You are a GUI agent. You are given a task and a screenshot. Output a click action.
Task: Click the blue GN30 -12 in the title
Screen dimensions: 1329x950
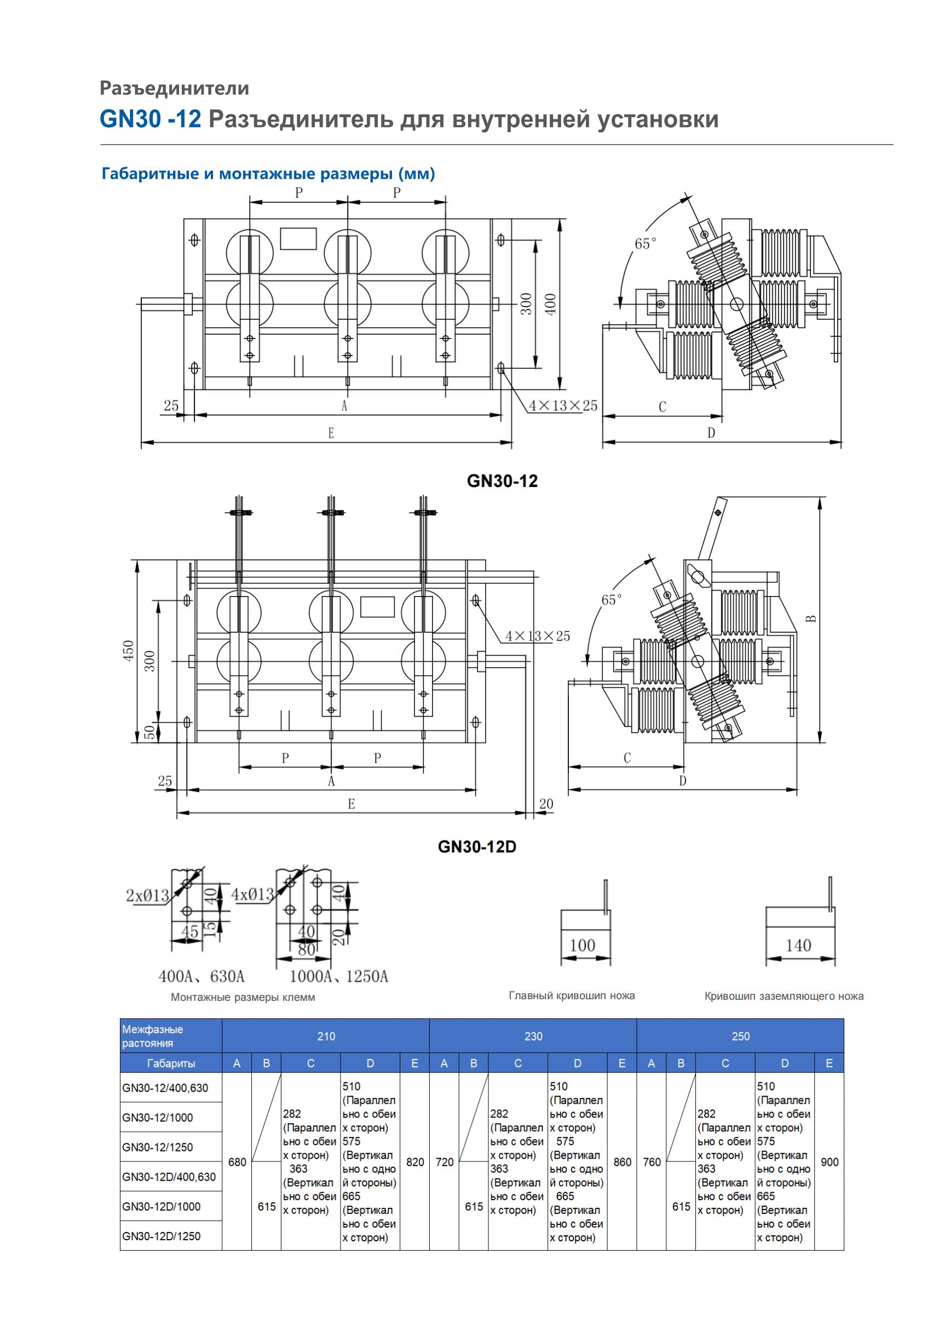(x=151, y=119)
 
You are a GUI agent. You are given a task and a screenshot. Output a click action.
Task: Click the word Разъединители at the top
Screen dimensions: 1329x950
(x=174, y=88)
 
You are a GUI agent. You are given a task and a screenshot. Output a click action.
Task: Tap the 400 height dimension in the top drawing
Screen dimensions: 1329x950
(x=550, y=304)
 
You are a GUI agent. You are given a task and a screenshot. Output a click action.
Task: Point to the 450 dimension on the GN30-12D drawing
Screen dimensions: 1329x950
(x=129, y=651)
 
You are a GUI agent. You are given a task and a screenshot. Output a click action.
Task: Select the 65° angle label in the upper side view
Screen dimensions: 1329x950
(x=645, y=243)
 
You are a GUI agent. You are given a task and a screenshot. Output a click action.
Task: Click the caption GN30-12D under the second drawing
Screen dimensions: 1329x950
(x=477, y=847)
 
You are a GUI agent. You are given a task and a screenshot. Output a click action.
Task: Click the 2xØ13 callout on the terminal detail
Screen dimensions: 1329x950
(x=147, y=895)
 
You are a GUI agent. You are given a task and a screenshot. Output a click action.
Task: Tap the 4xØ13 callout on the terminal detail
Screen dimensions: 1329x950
(x=252, y=893)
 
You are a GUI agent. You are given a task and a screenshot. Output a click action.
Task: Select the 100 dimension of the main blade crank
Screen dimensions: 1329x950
(x=582, y=945)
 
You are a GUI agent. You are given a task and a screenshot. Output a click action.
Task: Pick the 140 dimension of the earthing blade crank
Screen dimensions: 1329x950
(x=798, y=945)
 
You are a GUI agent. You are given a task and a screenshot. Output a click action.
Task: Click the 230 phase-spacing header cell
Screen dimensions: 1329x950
(x=533, y=1036)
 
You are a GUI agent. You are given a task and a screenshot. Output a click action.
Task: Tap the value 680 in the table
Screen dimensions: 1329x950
(x=237, y=1162)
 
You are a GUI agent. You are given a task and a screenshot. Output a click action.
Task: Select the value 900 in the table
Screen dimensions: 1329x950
(x=830, y=1162)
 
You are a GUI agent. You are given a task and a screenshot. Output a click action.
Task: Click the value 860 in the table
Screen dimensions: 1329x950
(x=623, y=1162)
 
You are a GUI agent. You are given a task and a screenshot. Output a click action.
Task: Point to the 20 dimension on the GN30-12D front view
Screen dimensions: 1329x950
(x=546, y=804)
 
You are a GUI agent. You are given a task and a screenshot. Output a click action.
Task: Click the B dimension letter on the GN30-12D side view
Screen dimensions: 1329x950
(x=812, y=618)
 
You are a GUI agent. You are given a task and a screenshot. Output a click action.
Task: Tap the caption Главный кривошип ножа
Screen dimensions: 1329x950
(x=572, y=995)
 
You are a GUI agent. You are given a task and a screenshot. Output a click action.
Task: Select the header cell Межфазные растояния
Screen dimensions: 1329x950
(x=153, y=1036)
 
